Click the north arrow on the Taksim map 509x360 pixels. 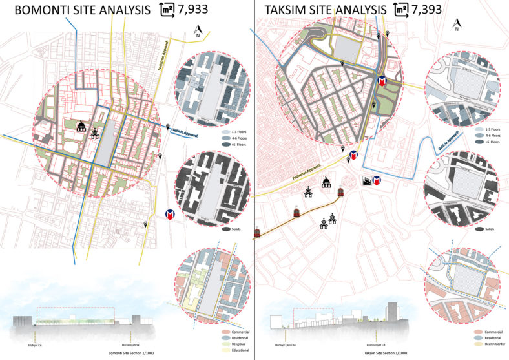click(456, 25)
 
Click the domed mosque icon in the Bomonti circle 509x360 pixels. click(82, 127)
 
